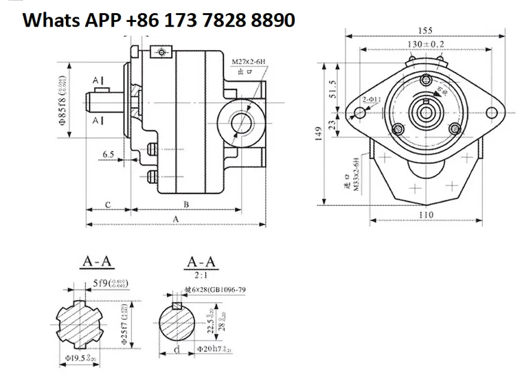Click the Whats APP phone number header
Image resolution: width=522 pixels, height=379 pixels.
pos(159,21)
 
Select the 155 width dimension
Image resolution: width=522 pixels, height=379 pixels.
pos(424,30)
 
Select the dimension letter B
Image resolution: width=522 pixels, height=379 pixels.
pos(186,205)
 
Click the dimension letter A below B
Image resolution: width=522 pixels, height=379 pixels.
pos(176,219)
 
